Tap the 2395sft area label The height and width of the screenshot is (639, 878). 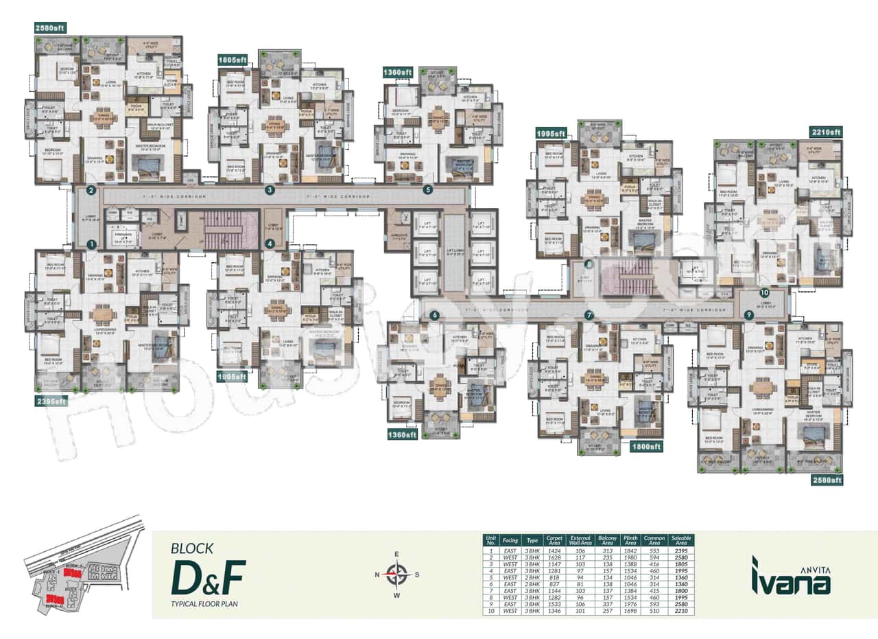pyautogui.click(x=51, y=400)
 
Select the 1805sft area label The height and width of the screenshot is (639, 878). pyautogui.click(x=233, y=60)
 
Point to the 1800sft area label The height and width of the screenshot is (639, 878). pyautogui.click(x=645, y=446)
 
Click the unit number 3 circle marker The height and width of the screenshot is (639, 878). pyautogui.click(x=270, y=190)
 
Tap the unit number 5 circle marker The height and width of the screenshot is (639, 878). pyautogui.click(x=429, y=190)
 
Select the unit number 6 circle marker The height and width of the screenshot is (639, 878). pyautogui.click(x=434, y=315)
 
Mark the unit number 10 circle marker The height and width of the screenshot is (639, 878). pyautogui.click(x=764, y=292)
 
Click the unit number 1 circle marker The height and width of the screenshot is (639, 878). pyautogui.click(x=91, y=244)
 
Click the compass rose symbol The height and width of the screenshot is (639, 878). pyautogui.click(x=396, y=574)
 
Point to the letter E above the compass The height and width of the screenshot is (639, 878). pyautogui.click(x=396, y=555)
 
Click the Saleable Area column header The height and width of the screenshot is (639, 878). pyautogui.click(x=683, y=540)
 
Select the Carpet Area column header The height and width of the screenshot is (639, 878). pyautogui.click(x=554, y=540)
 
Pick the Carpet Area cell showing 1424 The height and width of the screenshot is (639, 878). pyautogui.click(x=554, y=551)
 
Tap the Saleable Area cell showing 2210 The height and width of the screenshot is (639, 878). pyautogui.click(x=683, y=610)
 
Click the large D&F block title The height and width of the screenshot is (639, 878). pyautogui.click(x=207, y=578)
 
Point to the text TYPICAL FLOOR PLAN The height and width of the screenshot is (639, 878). pyautogui.click(x=204, y=605)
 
